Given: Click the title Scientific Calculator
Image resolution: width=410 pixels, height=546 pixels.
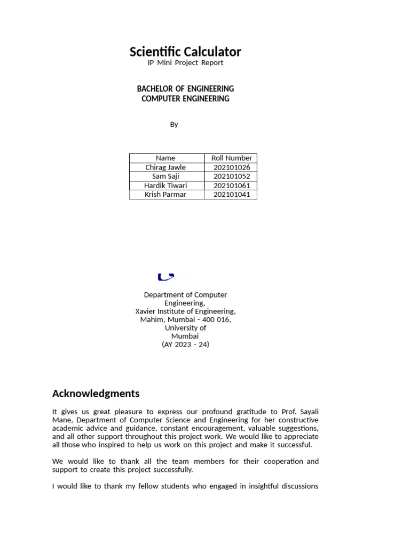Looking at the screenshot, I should pyautogui.click(x=185, y=52).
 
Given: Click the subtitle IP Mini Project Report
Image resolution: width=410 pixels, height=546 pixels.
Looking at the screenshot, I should pyautogui.click(x=185, y=63).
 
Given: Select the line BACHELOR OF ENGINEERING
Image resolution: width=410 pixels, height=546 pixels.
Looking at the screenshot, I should pyautogui.click(x=185, y=89).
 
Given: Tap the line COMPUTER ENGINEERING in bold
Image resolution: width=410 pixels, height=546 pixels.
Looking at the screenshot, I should pyautogui.click(x=185, y=99).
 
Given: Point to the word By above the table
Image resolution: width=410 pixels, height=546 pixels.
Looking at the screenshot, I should pyautogui.click(x=174, y=124).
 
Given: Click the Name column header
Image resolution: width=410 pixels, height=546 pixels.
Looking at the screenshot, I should pyautogui.click(x=165, y=158).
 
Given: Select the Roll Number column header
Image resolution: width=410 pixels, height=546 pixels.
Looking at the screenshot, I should pyautogui.click(x=232, y=158).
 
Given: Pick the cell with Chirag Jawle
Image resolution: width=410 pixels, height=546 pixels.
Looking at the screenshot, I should pyautogui.click(x=165, y=167).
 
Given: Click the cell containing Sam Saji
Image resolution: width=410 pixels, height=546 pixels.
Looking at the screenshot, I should pyautogui.click(x=165, y=176).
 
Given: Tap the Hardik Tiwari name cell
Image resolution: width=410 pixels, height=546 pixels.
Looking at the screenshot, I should pyautogui.click(x=165, y=186).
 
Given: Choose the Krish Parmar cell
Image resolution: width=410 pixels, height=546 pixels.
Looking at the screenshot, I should pyautogui.click(x=165, y=195).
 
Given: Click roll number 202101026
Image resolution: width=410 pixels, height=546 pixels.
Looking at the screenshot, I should pyautogui.click(x=232, y=167).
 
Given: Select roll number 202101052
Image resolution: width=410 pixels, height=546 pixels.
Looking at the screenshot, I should pyautogui.click(x=232, y=176).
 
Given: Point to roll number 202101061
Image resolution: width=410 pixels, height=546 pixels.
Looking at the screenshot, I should pyautogui.click(x=232, y=186).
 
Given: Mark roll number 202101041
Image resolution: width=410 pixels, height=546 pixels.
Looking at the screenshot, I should pyautogui.click(x=232, y=195).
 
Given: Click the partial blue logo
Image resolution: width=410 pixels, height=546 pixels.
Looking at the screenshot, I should pyautogui.click(x=166, y=276).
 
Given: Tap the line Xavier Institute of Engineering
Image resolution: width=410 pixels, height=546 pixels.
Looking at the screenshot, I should pyautogui.click(x=185, y=311).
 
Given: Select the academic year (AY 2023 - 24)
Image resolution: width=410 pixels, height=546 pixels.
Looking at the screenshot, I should pyautogui.click(x=185, y=344).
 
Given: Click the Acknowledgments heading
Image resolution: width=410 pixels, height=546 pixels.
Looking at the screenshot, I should pyautogui.click(x=96, y=394).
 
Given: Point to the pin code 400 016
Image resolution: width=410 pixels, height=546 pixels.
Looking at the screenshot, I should pyautogui.click(x=216, y=319).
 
